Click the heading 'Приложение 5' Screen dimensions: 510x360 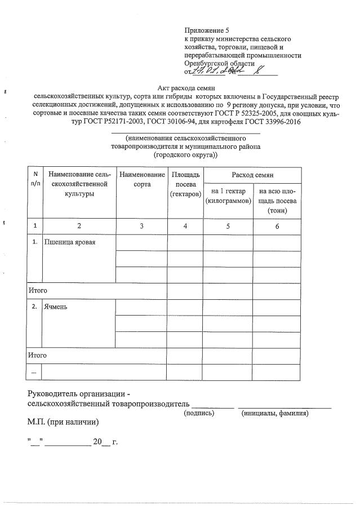point(207,30)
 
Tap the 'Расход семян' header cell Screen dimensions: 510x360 point(252,176)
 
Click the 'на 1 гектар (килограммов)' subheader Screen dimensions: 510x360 point(228,196)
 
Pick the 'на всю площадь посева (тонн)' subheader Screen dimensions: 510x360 point(277,201)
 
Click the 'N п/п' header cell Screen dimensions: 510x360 point(35,180)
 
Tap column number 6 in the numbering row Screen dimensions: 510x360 point(277,225)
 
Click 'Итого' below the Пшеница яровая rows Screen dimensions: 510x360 point(38,290)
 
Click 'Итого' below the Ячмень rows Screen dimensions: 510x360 point(38,356)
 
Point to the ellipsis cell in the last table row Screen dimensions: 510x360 point(35,372)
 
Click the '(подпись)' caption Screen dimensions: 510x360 point(200,413)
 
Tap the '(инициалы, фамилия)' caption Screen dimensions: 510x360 point(274,413)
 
